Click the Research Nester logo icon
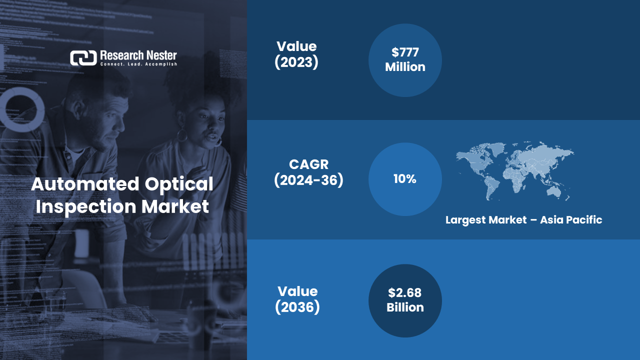pos(83,58)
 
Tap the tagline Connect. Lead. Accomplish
pos(138,64)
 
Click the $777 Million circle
pos(405,60)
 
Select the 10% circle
pos(405,179)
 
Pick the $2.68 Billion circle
pos(405,300)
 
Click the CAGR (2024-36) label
pos(308,172)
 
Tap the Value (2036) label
pos(297,299)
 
